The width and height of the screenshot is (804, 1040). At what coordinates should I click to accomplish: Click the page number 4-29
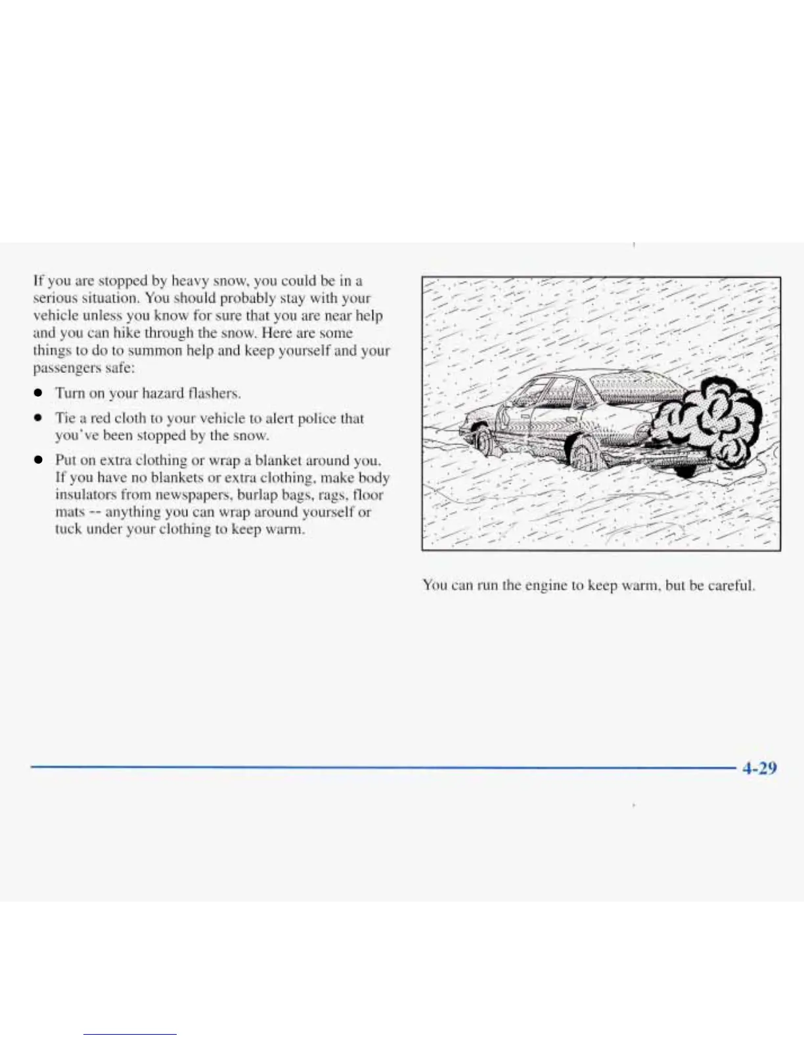pyautogui.click(x=759, y=768)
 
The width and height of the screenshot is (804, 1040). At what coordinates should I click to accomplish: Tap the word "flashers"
pyautogui.click(x=214, y=393)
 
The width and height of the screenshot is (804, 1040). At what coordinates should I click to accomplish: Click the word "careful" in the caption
pyautogui.click(x=731, y=585)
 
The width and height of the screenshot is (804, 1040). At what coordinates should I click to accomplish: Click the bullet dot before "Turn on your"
pyautogui.click(x=39, y=393)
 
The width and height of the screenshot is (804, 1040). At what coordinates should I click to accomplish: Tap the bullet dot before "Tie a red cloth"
pyautogui.click(x=39, y=418)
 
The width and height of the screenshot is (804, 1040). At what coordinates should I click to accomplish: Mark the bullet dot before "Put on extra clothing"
pyautogui.click(x=39, y=460)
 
